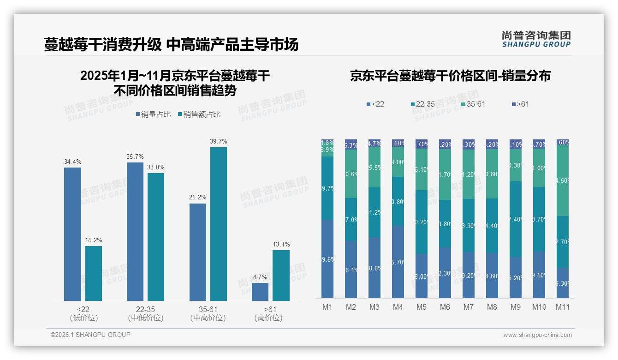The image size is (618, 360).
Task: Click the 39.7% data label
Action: click(x=219, y=141)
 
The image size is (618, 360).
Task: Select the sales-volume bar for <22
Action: click(x=72, y=234)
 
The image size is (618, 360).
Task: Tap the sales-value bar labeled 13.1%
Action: click(x=281, y=276)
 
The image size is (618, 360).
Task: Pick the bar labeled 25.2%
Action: click(x=198, y=252)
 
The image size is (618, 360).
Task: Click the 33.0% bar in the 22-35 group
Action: click(x=156, y=237)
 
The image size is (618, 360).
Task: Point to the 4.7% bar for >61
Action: click(x=260, y=292)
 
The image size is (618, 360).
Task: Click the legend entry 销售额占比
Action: click(x=199, y=114)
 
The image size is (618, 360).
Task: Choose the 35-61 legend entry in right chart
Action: click(x=473, y=104)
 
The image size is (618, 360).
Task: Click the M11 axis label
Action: click(x=563, y=307)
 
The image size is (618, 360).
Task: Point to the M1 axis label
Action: click(x=327, y=307)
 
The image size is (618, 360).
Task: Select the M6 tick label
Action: click(x=445, y=307)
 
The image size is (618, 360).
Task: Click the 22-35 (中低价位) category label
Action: click(x=145, y=313)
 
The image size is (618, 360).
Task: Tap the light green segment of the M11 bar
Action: click(x=563, y=180)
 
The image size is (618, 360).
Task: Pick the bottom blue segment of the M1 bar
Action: click(x=327, y=259)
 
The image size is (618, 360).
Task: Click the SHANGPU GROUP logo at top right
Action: click(x=536, y=39)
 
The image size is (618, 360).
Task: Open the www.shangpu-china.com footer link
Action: click(x=537, y=335)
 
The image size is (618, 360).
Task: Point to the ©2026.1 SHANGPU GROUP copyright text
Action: click(x=90, y=335)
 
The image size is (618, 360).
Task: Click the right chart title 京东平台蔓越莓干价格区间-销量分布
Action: click(x=450, y=76)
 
